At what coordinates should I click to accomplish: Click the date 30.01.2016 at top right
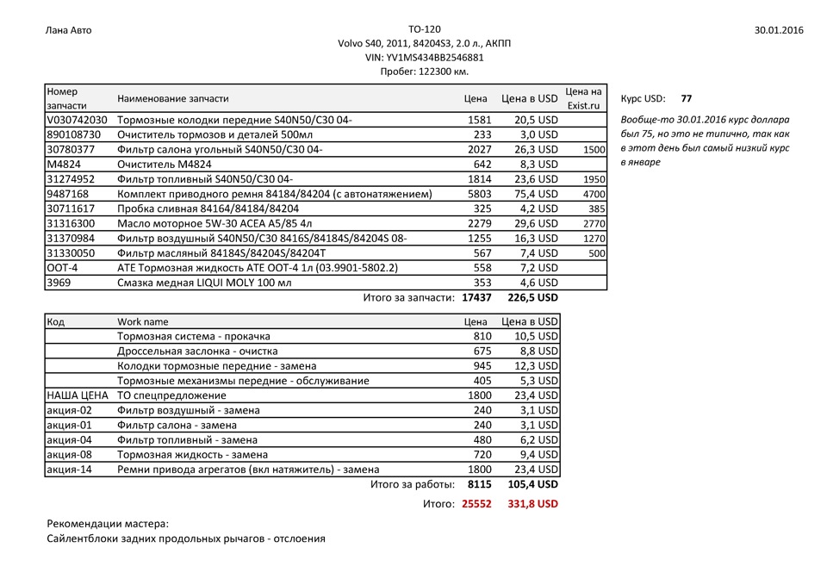[x=778, y=30]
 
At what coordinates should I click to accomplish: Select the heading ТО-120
[x=424, y=29]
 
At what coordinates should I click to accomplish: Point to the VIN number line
[x=424, y=58]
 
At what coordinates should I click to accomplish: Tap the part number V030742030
[x=77, y=120]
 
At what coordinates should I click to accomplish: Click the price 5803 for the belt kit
[x=479, y=194]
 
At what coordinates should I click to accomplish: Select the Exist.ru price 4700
[x=594, y=194]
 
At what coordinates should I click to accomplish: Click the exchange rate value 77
[x=686, y=98]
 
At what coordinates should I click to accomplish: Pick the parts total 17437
[x=476, y=297]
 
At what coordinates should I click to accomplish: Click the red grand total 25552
[x=476, y=503]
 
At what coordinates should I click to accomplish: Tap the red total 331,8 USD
[x=532, y=503]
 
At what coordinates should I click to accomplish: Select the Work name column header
[x=143, y=321]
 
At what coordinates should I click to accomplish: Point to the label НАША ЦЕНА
[x=77, y=395]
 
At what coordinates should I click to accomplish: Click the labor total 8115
[x=479, y=485]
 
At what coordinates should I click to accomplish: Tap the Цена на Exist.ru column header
[x=583, y=98]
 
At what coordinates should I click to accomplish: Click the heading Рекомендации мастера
[x=108, y=523]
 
